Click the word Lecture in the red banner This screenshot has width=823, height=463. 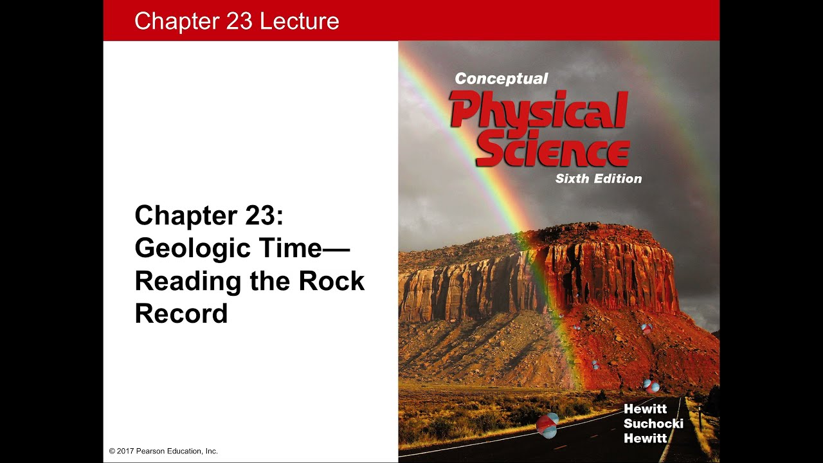click(299, 21)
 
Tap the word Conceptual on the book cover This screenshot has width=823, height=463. click(502, 78)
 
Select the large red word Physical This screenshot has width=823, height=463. click(539, 111)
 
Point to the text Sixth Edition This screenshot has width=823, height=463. click(599, 179)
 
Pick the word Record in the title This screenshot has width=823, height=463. click(181, 313)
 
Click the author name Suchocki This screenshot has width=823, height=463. click(653, 424)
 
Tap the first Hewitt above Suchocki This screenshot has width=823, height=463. click(645, 410)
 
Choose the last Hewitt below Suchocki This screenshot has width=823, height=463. click(645, 439)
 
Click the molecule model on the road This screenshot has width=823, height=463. click(547, 425)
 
